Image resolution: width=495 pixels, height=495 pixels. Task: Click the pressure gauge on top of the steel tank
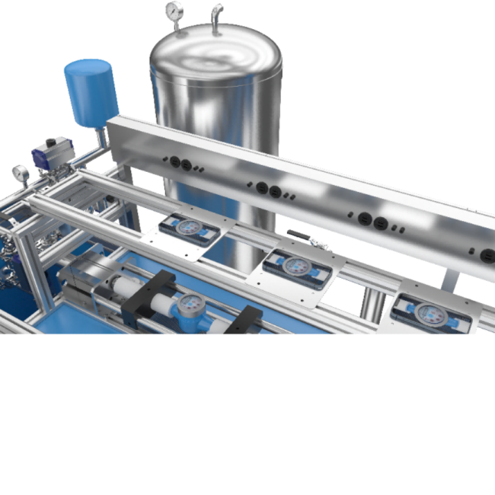[174, 11]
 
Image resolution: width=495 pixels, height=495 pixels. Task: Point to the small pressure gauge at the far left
[20, 174]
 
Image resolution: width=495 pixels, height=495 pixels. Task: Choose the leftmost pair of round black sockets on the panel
[180, 164]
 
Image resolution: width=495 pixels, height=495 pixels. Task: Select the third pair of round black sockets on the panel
[372, 221]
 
